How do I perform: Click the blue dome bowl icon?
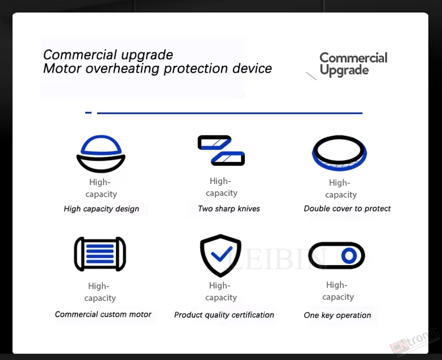(x=101, y=163)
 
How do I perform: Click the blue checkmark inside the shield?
(x=222, y=254)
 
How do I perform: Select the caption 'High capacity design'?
(x=102, y=209)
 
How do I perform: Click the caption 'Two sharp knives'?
(x=229, y=209)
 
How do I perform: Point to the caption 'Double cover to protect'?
(x=347, y=209)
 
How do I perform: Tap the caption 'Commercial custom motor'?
(x=103, y=314)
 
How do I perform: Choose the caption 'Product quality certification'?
(x=224, y=315)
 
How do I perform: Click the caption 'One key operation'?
(x=338, y=315)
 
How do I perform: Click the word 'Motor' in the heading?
(x=62, y=68)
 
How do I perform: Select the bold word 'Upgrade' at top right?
(x=344, y=70)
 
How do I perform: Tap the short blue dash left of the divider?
(x=88, y=113)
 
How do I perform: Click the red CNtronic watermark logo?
(x=414, y=341)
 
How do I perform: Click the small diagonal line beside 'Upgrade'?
(x=311, y=76)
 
